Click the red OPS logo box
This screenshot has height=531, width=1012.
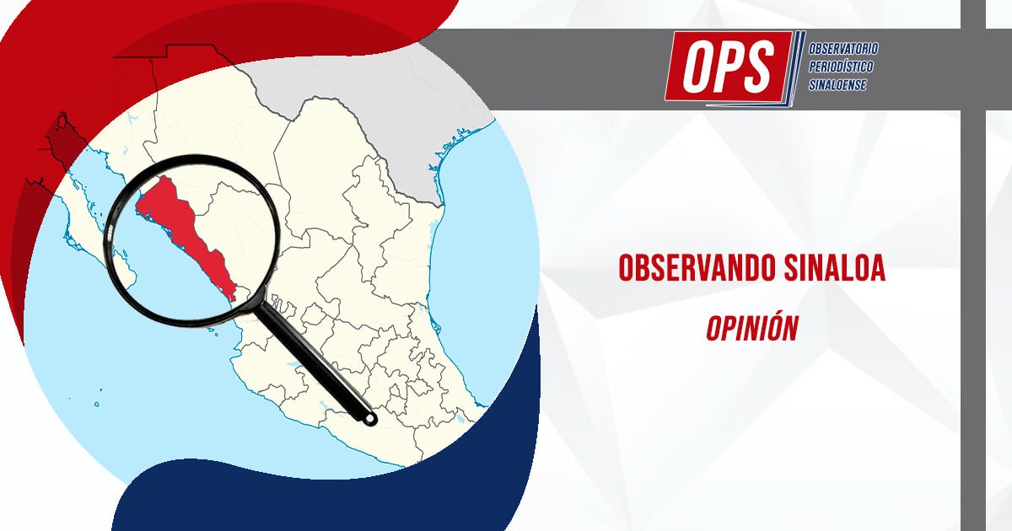[729, 67]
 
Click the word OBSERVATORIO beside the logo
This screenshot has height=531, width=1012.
[843, 48]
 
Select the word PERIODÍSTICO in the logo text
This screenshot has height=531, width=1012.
[841, 67]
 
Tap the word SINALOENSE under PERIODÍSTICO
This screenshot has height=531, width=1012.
[837, 84]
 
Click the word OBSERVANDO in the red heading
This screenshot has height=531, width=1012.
[697, 268]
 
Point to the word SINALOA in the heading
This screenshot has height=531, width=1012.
[834, 268]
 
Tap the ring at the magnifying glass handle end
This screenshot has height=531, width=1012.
[370, 419]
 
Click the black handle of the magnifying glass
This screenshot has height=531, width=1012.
[316, 362]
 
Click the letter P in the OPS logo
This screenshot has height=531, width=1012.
[729, 67]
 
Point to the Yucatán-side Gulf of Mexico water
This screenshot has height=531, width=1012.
[479, 271]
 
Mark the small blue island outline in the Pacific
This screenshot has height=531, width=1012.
[97, 404]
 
